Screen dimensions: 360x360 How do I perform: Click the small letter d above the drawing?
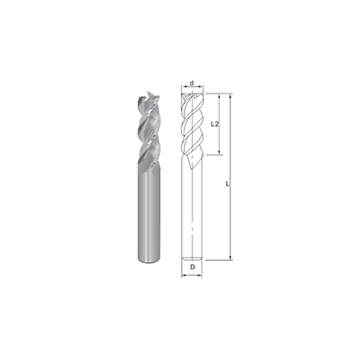193,84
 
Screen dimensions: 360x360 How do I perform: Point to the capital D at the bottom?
193,267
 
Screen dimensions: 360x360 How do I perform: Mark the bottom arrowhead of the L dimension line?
232,258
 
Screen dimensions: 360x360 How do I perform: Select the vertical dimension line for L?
232,216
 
